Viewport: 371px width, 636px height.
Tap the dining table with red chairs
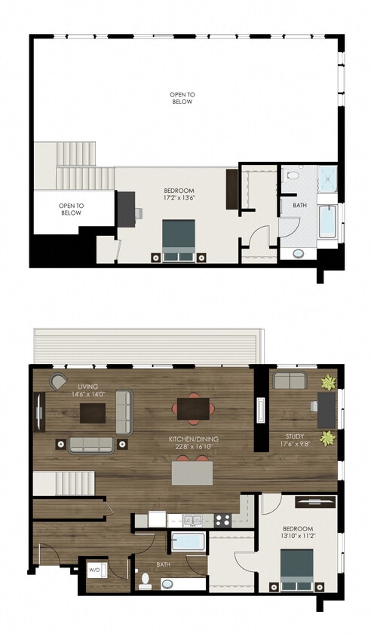192,408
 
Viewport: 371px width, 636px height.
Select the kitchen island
192,473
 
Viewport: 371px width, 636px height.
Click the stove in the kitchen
223,519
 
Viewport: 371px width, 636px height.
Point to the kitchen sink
193,519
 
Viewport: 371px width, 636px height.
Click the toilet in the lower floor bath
146,580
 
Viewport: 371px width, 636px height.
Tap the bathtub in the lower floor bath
187,542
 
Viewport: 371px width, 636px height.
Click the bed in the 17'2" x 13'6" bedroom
179,240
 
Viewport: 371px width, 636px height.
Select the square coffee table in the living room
94,412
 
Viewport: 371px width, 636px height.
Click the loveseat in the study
290,381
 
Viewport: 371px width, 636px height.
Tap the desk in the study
326,411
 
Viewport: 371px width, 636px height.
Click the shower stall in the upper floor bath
327,178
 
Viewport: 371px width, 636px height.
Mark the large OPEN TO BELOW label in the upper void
182,97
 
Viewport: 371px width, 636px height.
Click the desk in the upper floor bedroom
125,209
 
